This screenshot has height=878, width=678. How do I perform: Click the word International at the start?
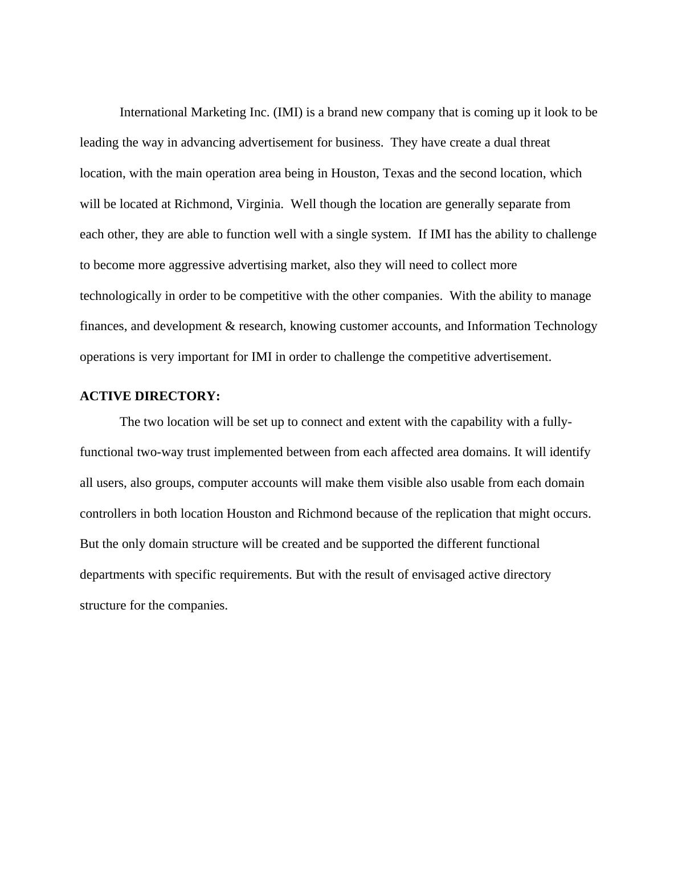pyautogui.click(x=153, y=112)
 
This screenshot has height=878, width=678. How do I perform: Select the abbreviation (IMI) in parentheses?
pyautogui.click(x=288, y=112)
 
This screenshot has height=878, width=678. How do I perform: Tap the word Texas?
pyautogui.click(x=398, y=173)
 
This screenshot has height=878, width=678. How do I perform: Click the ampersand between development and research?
pyautogui.click(x=230, y=326)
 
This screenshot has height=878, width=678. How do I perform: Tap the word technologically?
pyautogui.click(x=121, y=296)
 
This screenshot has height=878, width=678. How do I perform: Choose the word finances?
pyautogui.click(x=104, y=326)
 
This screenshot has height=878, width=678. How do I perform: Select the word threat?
pyautogui.click(x=535, y=143)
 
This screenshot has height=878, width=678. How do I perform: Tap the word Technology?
pyautogui.click(x=566, y=326)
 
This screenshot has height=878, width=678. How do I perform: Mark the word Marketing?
pyautogui.click(x=218, y=112)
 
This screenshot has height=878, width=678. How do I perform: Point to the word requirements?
pyautogui.click(x=257, y=575)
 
